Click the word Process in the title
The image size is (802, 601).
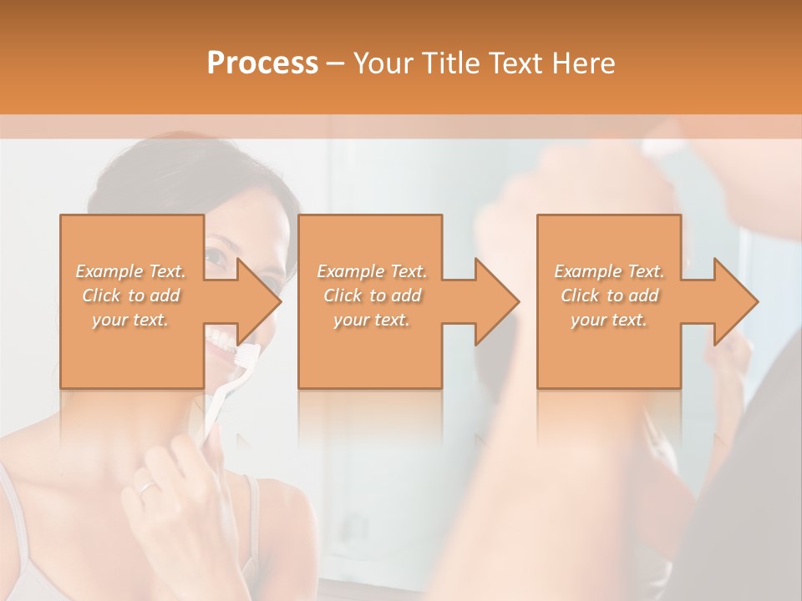pos(262,63)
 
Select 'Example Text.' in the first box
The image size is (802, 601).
pos(131,271)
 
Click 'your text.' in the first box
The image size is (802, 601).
pos(131,320)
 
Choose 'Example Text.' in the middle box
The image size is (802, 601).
pos(372,271)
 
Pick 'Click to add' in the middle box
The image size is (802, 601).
pos(372,295)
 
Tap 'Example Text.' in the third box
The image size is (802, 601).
pos(610,271)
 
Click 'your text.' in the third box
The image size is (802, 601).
pos(610,320)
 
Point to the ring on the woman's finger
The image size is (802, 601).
pos(146,487)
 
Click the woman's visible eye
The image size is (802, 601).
pos(216,255)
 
